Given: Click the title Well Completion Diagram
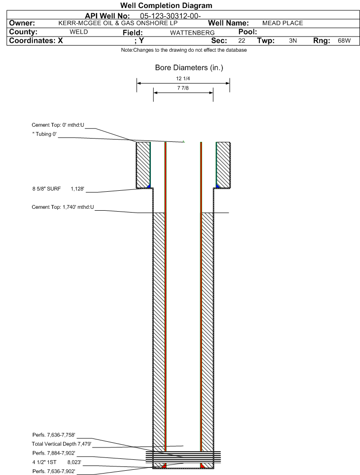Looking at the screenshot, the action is pos(166,5).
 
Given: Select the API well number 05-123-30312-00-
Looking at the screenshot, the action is pos(170,16).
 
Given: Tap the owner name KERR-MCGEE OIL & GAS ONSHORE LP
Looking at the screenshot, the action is pos(118,23).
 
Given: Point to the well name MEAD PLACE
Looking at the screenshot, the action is pos(283,23).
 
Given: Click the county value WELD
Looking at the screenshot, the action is pos(79,32).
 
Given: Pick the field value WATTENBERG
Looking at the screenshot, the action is pos(192,33).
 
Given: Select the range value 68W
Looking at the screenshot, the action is pos(344,41).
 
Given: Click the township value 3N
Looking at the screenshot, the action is pos(293,41).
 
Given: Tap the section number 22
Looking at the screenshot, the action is pos(241,41).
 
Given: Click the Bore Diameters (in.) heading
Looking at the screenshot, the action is pos(189,67).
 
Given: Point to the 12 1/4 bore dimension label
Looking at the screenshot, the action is pos(183,78).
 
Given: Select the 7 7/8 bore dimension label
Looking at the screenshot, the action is pos(183,88).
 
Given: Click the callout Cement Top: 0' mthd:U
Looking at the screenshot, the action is pos(58,125).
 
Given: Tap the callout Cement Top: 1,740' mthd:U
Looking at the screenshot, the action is pos(63,207).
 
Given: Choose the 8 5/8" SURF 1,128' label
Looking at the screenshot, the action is pos(58,189).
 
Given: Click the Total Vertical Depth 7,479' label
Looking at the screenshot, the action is pos(62,444).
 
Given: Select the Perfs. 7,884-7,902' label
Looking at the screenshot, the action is pos(54,453).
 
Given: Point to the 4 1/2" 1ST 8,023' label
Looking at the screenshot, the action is pos(56,462).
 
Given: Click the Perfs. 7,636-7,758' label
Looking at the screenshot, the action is pos(54,435).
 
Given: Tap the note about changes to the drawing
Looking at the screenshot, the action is pos(184,50).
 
